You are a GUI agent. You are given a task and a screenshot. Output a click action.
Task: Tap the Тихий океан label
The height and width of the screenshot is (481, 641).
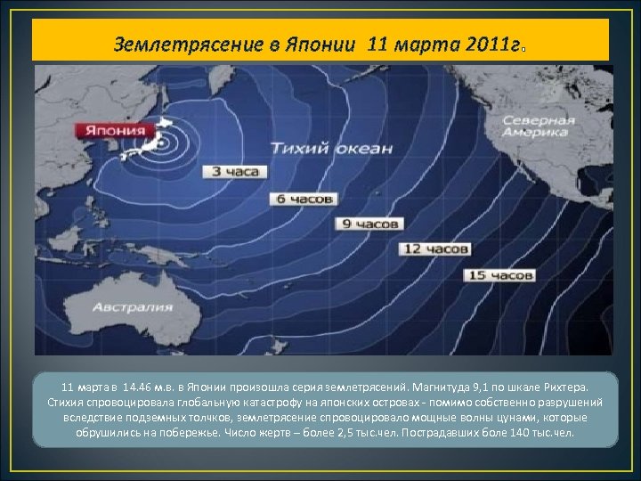click(330, 148)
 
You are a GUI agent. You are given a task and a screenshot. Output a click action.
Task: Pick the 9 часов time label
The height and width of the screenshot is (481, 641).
click(369, 224)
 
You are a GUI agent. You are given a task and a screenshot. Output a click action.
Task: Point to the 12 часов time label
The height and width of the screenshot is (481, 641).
click(434, 249)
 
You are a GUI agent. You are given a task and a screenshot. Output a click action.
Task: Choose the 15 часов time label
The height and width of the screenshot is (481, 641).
click(500, 275)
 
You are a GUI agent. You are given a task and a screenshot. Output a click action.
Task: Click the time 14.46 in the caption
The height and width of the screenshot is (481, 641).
click(138, 387)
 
